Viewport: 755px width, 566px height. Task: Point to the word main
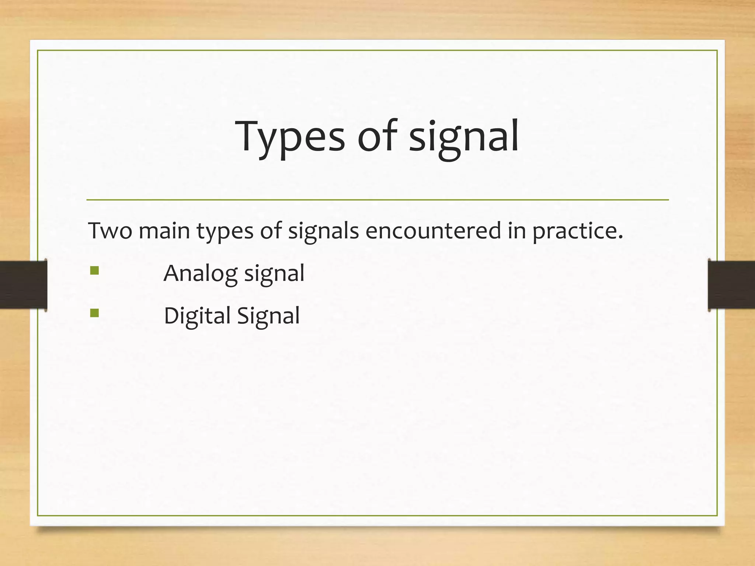coord(164,231)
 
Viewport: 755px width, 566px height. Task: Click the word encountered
coord(433,231)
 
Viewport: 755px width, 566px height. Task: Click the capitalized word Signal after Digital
coord(268,316)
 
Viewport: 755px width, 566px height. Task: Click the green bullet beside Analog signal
coord(94,271)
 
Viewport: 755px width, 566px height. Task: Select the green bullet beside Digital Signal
coord(94,313)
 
